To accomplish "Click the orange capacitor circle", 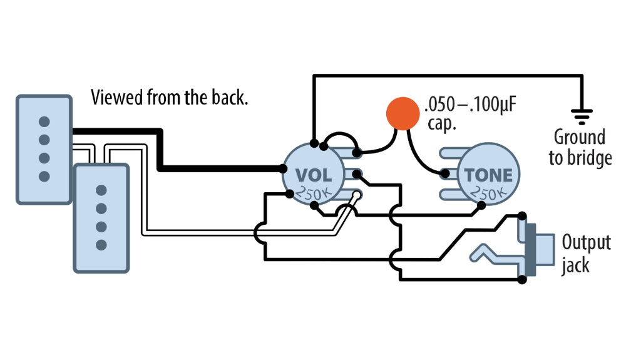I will tap(401, 113).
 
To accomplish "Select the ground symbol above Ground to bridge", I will tap(582, 115).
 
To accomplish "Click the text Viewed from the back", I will tap(169, 97).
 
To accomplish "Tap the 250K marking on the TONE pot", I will tap(488, 195).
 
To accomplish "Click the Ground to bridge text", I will tap(580, 148).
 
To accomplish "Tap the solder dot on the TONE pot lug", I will tap(445, 173).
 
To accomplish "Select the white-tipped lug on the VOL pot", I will tap(357, 195).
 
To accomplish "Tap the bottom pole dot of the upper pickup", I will tap(44, 176).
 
